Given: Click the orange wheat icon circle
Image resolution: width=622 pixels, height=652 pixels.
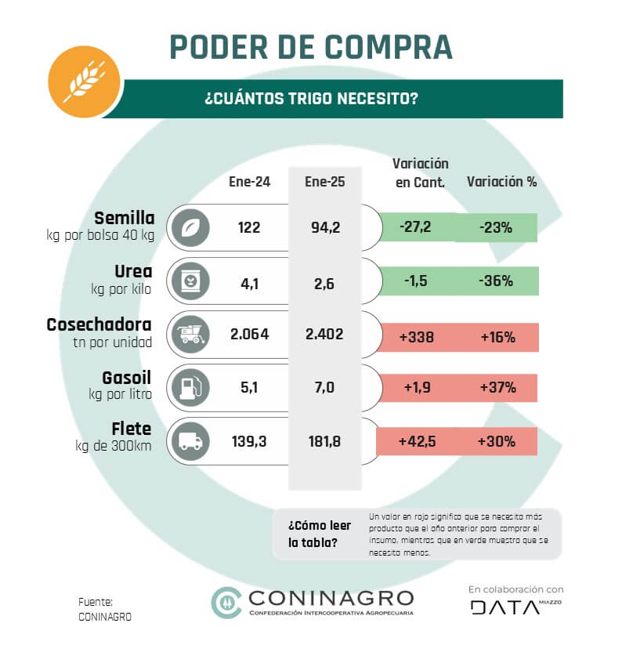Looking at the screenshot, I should (85, 76).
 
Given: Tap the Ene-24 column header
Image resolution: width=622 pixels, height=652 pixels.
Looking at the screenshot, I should (249, 181).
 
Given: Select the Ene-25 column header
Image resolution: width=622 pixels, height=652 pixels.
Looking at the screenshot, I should (324, 181).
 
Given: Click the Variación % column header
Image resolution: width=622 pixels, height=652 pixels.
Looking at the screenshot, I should (501, 181).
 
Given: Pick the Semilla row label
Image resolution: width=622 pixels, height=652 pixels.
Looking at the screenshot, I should (125, 217).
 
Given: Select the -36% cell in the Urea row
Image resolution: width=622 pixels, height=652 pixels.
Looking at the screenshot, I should (496, 281).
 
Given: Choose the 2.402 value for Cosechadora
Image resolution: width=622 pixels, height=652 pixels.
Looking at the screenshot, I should (324, 335).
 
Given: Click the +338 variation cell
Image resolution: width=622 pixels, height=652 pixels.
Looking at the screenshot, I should (415, 337).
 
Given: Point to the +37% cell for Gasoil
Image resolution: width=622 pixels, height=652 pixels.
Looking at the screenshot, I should (496, 388).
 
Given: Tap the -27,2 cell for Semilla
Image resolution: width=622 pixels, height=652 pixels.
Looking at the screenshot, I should (415, 227).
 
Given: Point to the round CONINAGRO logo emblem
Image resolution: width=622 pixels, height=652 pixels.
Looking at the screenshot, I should (227, 602).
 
